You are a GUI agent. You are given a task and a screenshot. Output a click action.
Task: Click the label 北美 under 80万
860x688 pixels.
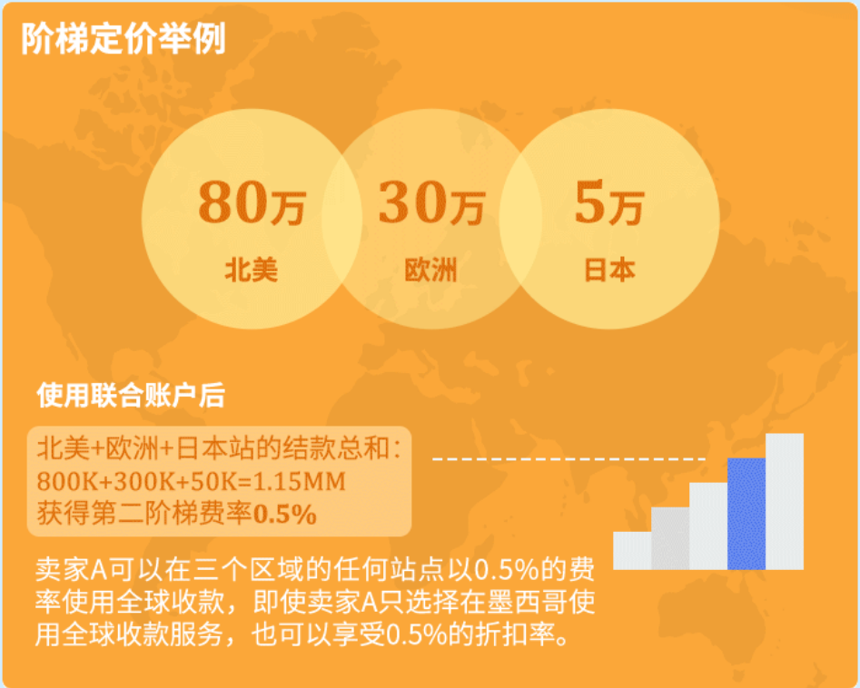pos(251,270)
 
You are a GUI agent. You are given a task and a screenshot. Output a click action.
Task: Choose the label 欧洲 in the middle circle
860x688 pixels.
pos(430,270)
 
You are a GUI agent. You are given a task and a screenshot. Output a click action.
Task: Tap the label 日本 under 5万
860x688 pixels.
pos(609,270)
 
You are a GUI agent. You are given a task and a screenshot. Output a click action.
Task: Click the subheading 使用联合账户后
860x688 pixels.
pos(131,397)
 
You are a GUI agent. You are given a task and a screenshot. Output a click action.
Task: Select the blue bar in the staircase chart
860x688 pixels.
pos(746,513)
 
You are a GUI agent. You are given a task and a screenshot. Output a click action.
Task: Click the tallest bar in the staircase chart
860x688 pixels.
pos(785,501)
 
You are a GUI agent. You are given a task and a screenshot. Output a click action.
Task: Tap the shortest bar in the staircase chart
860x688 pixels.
pos(632,550)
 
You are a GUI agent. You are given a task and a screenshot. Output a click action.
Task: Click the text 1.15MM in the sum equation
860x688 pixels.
pos(302,481)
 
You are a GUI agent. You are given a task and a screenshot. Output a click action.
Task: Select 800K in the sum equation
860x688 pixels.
pos(67,481)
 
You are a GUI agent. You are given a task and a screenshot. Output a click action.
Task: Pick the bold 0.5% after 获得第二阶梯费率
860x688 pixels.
pos(284,515)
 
